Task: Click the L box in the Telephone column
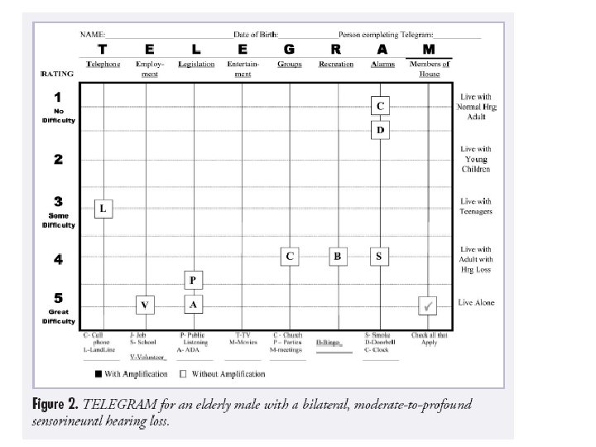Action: pyautogui.click(x=103, y=209)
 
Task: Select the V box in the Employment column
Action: pyautogui.click(x=146, y=305)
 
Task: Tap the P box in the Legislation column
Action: pyautogui.click(x=192, y=280)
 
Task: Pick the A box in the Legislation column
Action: pyautogui.click(x=192, y=305)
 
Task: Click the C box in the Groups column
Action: pyautogui.click(x=290, y=257)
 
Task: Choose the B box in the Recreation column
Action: pyautogui.click(x=337, y=257)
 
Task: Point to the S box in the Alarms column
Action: pyautogui.click(x=379, y=257)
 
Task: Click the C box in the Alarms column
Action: pyautogui.click(x=380, y=106)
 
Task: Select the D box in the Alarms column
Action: pyautogui.click(x=380, y=130)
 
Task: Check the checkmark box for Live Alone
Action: pyautogui.click(x=428, y=305)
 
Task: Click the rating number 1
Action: pyautogui.click(x=58, y=98)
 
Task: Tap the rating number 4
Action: pyautogui.click(x=58, y=259)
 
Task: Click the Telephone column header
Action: pyautogui.click(x=103, y=64)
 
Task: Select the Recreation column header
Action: pyautogui.click(x=336, y=64)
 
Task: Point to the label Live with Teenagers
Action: pyautogui.click(x=476, y=206)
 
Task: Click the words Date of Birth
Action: pyautogui.click(x=256, y=34)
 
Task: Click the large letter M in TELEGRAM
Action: pyautogui.click(x=429, y=50)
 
